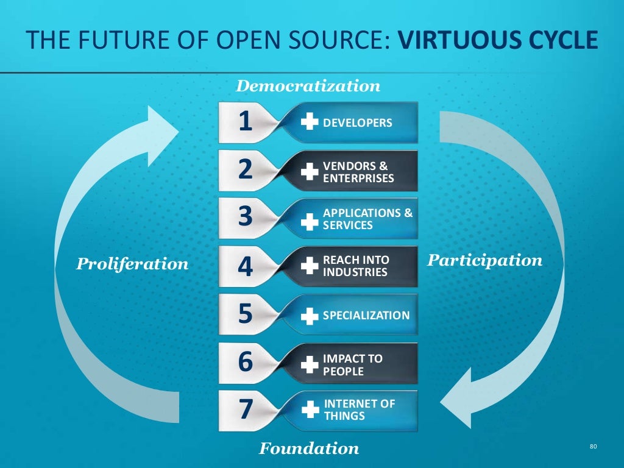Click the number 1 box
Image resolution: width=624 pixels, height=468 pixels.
245,122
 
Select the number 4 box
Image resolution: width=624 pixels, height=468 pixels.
245,267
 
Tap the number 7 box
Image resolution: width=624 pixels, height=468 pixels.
245,409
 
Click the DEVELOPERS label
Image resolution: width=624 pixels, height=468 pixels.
357,123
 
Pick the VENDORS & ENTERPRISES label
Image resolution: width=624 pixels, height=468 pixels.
358,172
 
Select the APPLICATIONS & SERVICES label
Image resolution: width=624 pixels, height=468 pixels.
367,219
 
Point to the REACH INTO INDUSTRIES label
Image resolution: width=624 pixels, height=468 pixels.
356,266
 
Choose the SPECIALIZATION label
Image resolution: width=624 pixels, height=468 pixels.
366,316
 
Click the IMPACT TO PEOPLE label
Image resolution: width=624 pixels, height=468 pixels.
353,364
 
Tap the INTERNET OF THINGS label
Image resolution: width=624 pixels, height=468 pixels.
360,409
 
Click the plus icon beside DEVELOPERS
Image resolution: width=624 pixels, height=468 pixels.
310,123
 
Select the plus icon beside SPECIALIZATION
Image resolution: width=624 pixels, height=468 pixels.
310,316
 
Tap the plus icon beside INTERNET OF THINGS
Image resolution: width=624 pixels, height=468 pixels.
310,409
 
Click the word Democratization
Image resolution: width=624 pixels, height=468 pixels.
308,86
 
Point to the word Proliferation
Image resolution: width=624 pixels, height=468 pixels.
132,264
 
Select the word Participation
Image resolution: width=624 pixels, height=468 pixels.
484,261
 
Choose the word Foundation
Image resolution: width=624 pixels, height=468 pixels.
309,449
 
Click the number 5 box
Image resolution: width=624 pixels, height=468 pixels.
245,314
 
